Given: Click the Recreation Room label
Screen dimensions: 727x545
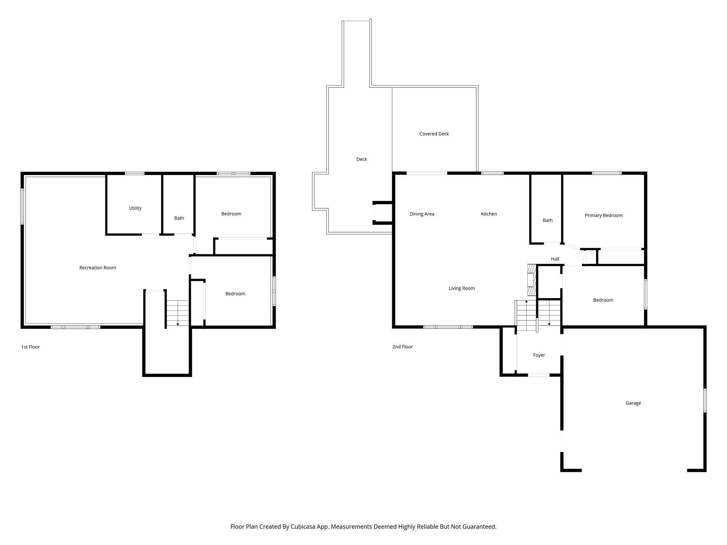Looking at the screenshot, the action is pos(98,268).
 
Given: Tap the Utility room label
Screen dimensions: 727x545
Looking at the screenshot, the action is pos(135,208).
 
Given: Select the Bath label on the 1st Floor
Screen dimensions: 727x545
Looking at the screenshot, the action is pos(179,218).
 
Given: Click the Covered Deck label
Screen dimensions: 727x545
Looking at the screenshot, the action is pos(434,134).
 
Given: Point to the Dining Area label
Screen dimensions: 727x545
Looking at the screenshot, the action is pos(422,214).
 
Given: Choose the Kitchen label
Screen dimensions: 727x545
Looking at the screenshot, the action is pos(489,214).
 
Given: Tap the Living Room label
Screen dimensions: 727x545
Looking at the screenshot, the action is pos(462,288).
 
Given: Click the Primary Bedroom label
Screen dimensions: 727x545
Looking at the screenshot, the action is pos(604,215).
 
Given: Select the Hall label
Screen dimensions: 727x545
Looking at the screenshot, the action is pos(555,259).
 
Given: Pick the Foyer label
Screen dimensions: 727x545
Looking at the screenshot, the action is pos(539,355).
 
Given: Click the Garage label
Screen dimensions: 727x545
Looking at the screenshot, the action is pos(633,403).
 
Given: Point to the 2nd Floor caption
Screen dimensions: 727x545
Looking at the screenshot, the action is pos(402,347).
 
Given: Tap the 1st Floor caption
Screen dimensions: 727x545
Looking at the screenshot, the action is pos(31,347).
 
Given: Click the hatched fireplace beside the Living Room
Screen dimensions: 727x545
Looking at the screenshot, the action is pos(532,280).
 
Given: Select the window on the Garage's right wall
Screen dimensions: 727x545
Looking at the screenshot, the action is pos(705,400).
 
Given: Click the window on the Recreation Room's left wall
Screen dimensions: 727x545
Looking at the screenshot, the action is pos(22,206).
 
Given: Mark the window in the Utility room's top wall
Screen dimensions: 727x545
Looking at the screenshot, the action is pos(135,173).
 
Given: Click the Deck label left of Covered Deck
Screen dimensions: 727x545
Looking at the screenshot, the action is pos(362,159).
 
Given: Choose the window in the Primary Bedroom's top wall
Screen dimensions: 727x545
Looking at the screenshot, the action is pos(607,173).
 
